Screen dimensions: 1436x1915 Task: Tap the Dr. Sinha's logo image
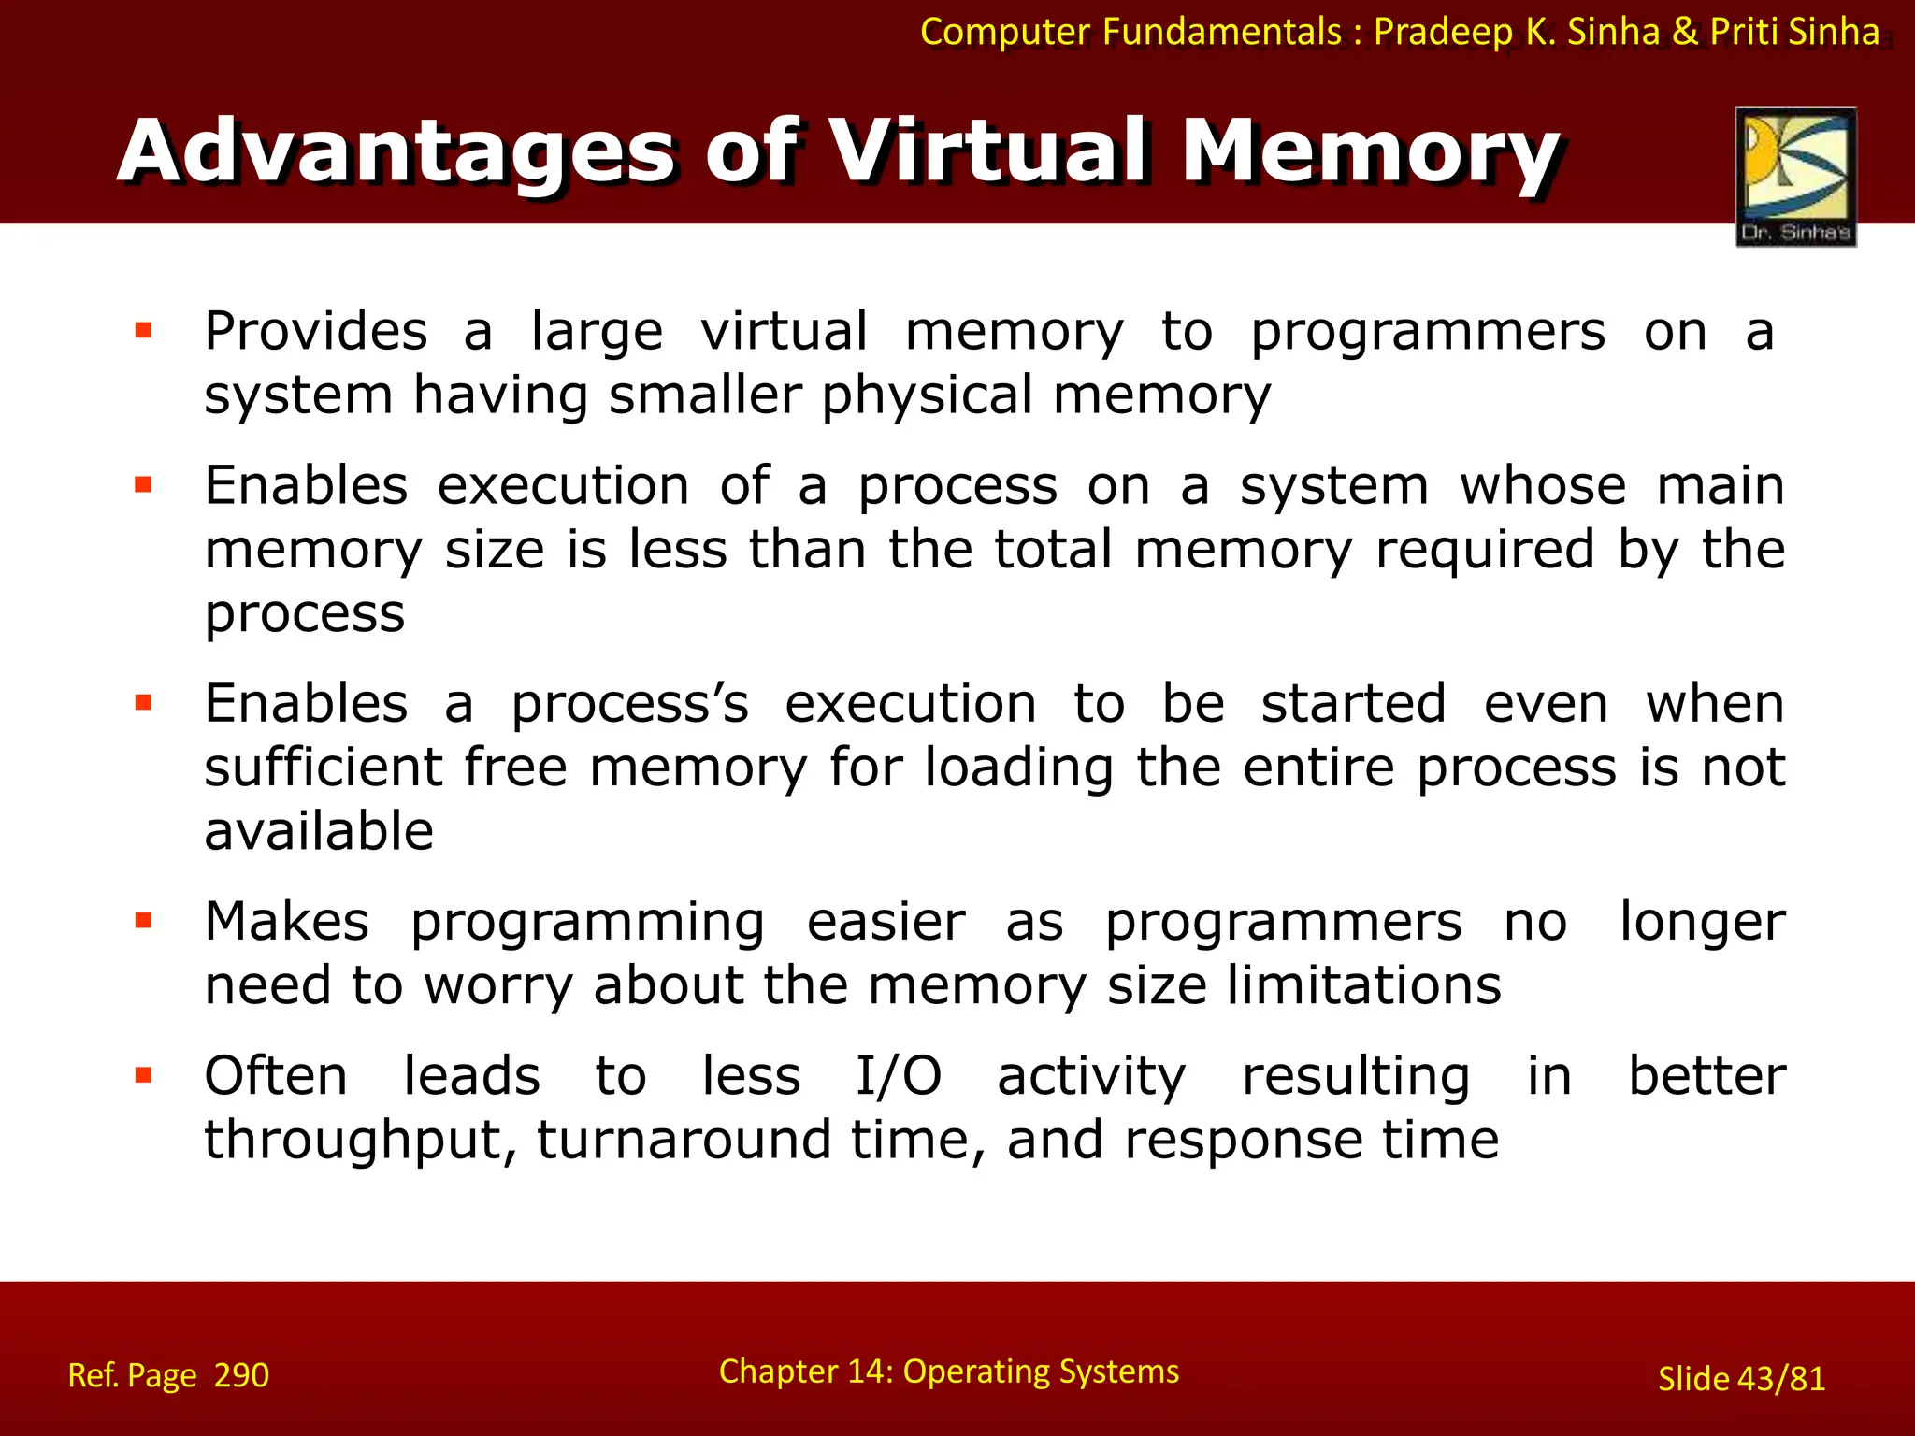[x=1795, y=176]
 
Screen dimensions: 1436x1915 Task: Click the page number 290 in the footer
[x=241, y=1375]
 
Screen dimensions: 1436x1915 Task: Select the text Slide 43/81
[x=1741, y=1379]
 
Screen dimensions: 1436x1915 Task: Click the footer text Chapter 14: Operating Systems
[x=948, y=1371]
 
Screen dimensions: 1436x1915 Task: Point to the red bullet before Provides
[x=143, y=330]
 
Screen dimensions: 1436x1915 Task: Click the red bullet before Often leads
[x=143, y=1075]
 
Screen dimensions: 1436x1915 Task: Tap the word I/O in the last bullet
[x=899, y=1076]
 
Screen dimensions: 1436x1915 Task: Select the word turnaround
[x=684, y=1140]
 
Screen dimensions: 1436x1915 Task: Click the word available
[x=319, y=831]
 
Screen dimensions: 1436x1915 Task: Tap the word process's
[x=629, y=705]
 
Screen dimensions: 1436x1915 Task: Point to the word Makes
[x=287, y=922]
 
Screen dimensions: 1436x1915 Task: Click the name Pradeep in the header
[x=1443, y=33]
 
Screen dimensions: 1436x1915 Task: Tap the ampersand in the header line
[x=1685, y=33]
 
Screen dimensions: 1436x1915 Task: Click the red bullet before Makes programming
[x=143, y=921]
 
